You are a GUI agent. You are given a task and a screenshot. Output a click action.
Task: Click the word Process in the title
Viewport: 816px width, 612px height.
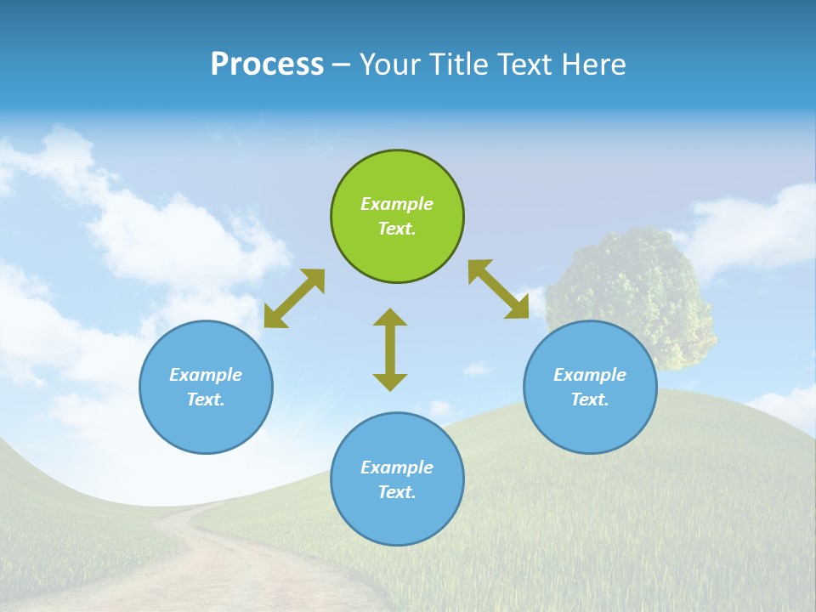coord(267,65)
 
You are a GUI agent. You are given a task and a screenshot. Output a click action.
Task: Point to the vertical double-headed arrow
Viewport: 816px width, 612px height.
coord(390,349)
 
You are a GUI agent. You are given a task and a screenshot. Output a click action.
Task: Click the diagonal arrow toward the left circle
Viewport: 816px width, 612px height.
coord(294,298)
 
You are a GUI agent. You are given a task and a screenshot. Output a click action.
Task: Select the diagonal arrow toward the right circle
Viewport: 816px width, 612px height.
coord(499,289)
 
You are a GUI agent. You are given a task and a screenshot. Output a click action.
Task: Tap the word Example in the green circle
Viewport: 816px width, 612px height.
coord(397,204)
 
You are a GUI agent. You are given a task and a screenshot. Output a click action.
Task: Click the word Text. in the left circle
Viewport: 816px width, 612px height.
coord(206,399)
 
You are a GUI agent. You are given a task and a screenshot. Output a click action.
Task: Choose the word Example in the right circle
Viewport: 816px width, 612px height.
coord(590,375)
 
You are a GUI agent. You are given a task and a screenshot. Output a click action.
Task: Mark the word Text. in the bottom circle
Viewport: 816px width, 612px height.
coord(397,492)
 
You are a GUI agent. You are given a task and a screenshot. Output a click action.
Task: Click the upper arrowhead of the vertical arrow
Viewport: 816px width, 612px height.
coord(390,317)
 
